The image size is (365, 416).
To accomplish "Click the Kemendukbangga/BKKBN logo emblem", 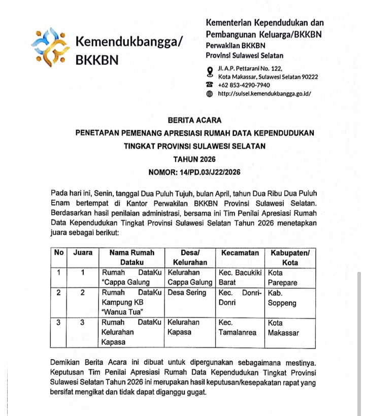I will (49, 48).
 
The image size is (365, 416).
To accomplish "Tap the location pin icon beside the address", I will (210, 71).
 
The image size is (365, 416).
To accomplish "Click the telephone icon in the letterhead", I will (210, 85).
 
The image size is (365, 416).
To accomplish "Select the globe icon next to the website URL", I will (210, 94).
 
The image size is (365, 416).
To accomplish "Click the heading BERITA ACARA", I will (194, 120).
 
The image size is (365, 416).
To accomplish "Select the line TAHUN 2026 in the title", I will (194, 159).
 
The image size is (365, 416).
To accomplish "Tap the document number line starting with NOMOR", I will (194, 172).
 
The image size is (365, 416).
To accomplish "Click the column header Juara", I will (83, 253).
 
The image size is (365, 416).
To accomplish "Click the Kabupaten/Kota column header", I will (290, 258).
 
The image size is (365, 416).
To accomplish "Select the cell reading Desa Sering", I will (187, 293).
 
